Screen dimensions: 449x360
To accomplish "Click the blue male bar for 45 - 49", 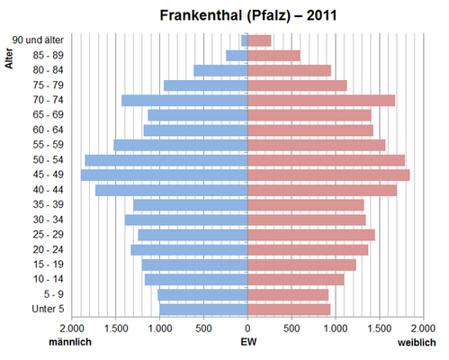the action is point(165,175).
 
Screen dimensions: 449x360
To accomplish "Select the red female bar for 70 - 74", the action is point(321,100).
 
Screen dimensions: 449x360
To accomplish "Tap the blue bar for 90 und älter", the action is point(245,40).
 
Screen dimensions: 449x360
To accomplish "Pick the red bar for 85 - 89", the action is point(274,56).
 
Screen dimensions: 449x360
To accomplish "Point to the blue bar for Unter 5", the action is point(203,310).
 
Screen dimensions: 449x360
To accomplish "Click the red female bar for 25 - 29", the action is point(311,235).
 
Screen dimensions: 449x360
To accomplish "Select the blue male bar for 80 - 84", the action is point(220,70).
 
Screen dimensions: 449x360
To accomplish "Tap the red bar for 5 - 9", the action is point(288,294).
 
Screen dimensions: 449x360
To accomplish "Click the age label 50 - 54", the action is point(49,159).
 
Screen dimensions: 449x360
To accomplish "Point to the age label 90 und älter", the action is point(38,40).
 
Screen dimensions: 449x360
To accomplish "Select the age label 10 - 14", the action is point(49,279).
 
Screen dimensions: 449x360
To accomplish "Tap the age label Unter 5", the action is point(48,309).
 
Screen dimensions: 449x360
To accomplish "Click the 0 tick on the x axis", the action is point(247,328).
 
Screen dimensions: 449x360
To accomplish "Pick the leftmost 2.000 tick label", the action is point(72,328).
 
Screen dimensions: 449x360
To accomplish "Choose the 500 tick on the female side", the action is point(292,328).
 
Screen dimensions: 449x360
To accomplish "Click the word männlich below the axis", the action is point(70,342).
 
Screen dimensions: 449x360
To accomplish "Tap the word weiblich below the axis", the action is point(417,343).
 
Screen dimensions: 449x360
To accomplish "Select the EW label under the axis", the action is point(248,342).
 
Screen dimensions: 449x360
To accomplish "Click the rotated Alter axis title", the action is point(9,58).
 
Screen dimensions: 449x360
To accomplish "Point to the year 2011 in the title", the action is point(321,15).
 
